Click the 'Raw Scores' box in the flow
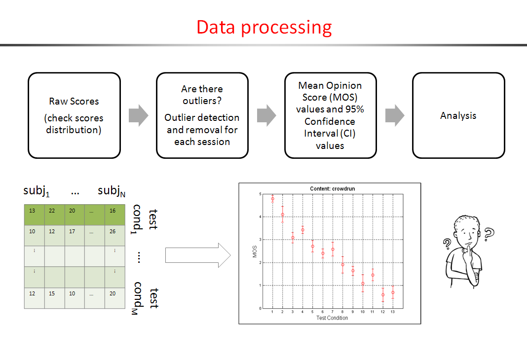[x=74, y=115]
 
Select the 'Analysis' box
[x=458, y=115]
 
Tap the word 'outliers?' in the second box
[x=202, y=101]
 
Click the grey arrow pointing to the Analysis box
[x=394, y=115]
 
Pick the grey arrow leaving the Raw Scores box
[x=138, y=115]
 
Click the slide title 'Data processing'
[x=264, y=27]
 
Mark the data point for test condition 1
[x=272, y=199]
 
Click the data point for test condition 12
[x=383, y=295]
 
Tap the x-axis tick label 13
[x=393, y=312]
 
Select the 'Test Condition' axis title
[x=332, y=318]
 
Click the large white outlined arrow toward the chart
[x=198, y=255]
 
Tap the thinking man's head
[x=466, y=230]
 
